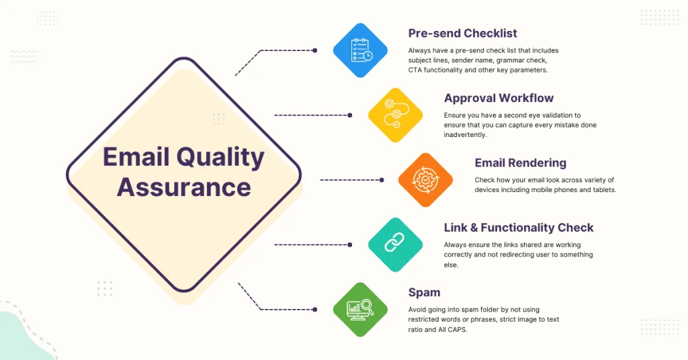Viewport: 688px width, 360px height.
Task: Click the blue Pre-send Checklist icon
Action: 361,50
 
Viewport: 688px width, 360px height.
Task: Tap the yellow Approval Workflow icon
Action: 395,115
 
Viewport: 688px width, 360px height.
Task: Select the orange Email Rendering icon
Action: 425,179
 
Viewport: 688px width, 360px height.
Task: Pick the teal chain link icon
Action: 395,244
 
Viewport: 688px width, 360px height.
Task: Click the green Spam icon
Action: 361,309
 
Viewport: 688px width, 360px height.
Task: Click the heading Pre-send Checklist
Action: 462,33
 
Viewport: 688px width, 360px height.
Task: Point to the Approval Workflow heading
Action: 498,98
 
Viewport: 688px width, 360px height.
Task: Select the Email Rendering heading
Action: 520,163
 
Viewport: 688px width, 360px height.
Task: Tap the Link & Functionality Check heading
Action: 519,228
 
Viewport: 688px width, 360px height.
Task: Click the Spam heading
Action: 424,292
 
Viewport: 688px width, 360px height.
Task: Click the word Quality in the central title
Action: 220,157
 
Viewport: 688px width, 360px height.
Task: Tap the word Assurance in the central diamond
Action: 183,187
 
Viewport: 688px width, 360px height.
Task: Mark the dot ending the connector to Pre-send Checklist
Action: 314,50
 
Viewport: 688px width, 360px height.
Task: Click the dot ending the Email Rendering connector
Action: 382,180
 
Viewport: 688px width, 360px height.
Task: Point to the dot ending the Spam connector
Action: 314,309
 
